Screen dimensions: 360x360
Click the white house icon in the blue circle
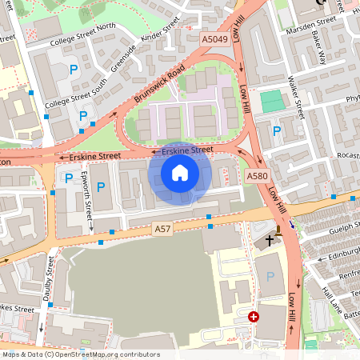tap(180, 173)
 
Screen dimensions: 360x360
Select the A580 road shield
tap(257, 175)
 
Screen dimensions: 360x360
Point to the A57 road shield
tap(162, 230)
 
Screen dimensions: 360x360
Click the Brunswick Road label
tap(160, 83)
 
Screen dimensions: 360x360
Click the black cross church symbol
tap(270, 238)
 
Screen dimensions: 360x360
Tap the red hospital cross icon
tap(254, 317)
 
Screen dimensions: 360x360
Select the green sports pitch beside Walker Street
tap(272, 101)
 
